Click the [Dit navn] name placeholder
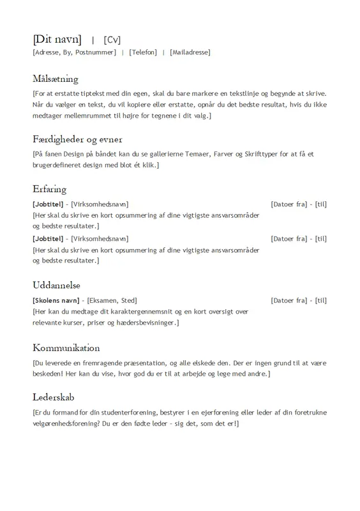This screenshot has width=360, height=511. [x=57, y=39]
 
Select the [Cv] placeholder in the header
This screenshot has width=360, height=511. [x=112, y=40]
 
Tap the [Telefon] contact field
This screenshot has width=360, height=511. [x=142, y=52]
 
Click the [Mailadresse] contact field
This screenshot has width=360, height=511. [x=190, y=52]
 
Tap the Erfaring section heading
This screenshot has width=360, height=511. [x=49, y=189]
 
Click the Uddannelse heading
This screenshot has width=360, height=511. [x=56, y=285]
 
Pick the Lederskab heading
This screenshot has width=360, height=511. [x=53, y=396]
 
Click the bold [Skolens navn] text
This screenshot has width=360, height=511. [x=56, y=300]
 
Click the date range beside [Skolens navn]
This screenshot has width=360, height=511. [x=299, y=300]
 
